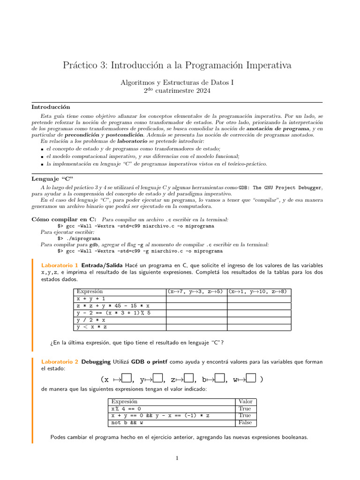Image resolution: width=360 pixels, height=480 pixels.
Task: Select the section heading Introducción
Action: pyautogui.click(x=51, y=107)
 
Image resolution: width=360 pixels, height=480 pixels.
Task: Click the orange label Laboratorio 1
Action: pyautogui.click(x=60, y=265)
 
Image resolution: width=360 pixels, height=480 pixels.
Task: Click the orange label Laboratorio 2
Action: pyautogui.click(x=60, y=362)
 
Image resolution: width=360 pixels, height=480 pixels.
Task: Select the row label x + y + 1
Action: pyautogui.click(x=91, y=299)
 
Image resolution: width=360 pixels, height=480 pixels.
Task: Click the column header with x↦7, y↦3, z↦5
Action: pyautogui.click(x=196, y=292)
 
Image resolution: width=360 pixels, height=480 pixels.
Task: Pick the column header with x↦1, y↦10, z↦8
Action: pyautogui.click(x=258, y=292)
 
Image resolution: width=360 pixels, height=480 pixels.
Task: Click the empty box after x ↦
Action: pyautogui.click(x=127, y=379)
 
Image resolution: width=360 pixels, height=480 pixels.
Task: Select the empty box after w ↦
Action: pyautogui.click(x=251, y=379)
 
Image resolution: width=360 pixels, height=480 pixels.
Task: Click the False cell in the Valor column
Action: pyautogui.click(x=245, y=422)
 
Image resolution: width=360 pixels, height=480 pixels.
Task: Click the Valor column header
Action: pyautogui.click(x=245, y=401)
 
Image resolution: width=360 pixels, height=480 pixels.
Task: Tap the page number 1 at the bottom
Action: pyautogui.click(x=177, y=458)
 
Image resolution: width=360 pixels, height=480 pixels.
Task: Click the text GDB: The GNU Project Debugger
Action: pyautogui.click(x=280, y=187)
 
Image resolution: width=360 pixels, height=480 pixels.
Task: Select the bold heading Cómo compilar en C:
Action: pyautogui.click(x=64, y=219)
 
